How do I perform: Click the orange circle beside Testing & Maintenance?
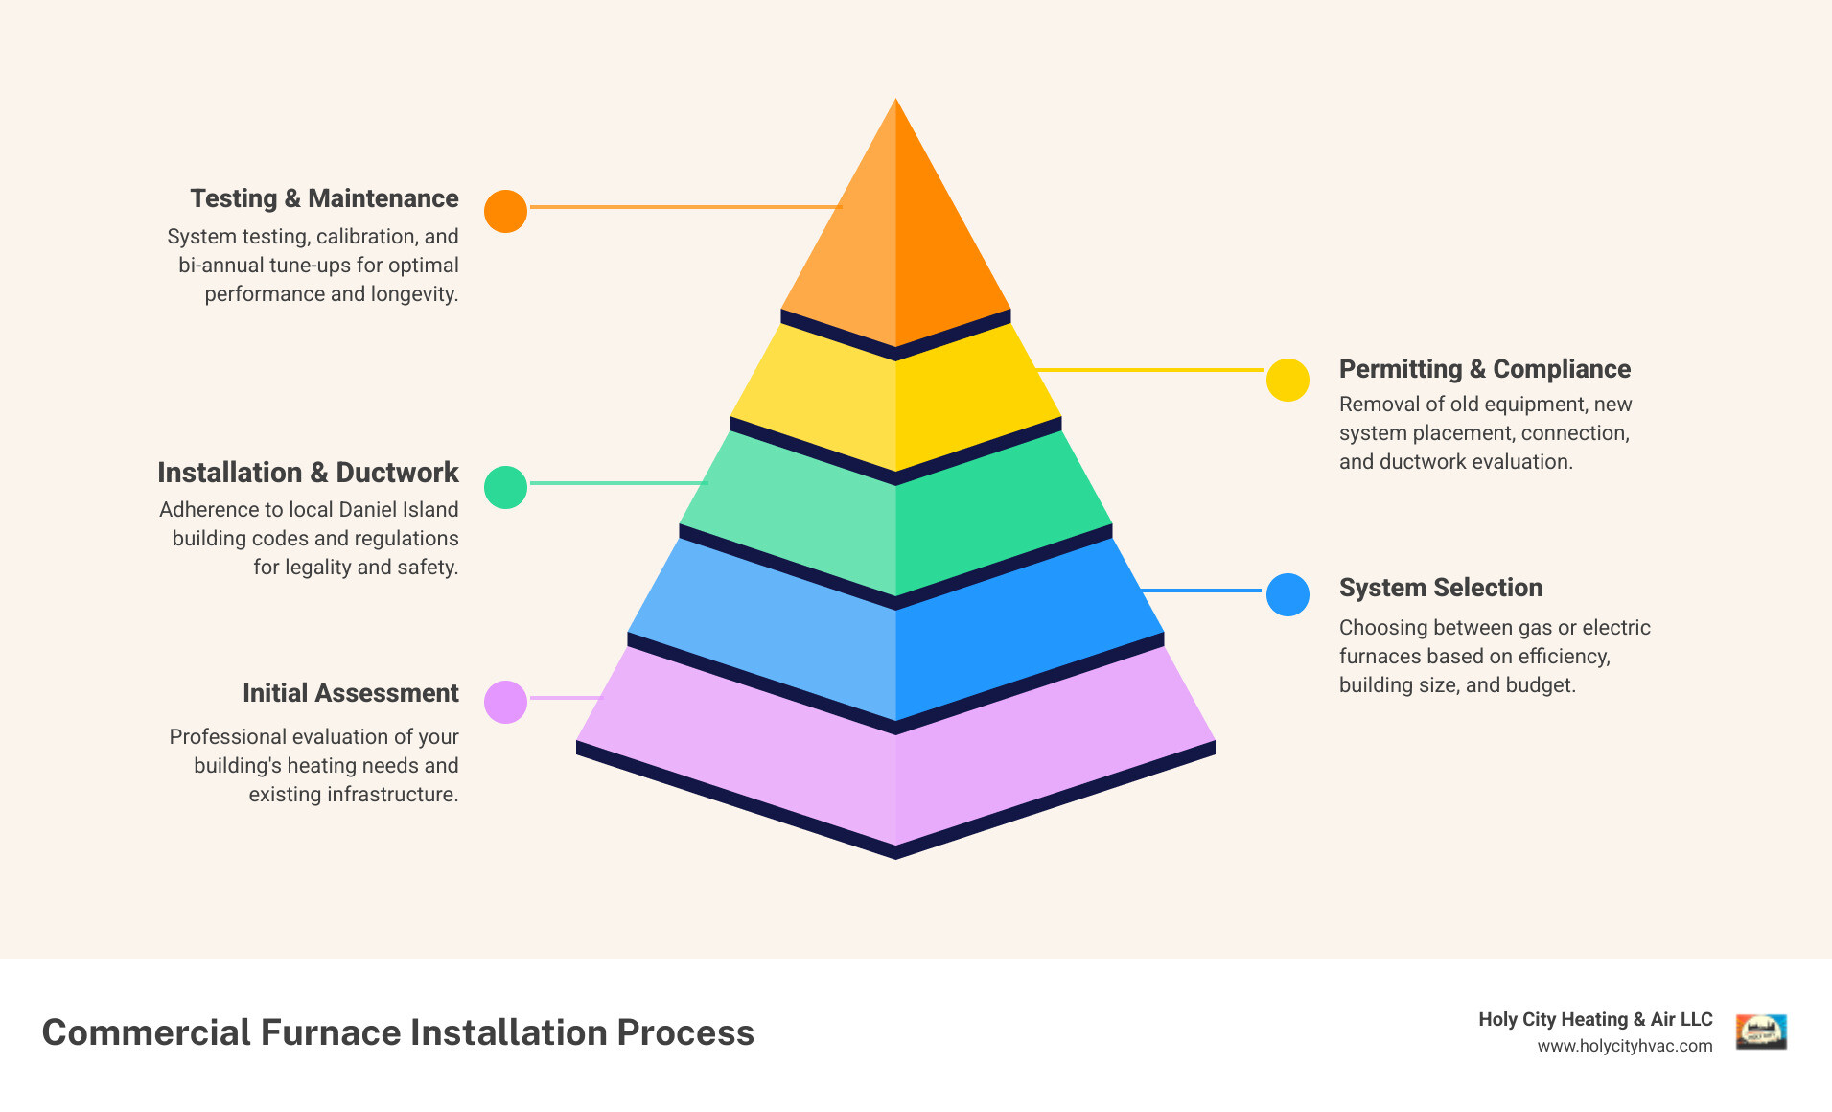tap(505, 211)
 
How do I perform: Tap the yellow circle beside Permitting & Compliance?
tap(1287, 381)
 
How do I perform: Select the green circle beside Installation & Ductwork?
tap(505, 487)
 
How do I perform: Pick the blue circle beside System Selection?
tap(1287, 594)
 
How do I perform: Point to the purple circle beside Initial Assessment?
tap(505, 702)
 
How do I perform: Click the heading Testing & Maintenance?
tap(324, 198)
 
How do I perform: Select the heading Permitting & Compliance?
tap(1484, 369)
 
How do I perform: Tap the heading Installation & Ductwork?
tap(308, 473)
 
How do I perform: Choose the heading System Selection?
tap(1440, 588)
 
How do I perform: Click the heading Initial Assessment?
tap(350, 693)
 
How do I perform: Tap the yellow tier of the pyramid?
tap(895, 403)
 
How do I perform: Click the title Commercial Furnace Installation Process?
tap(398, 1032)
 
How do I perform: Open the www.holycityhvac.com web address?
tap(1624, 1046)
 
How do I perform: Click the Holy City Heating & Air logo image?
tap(1761, 1032)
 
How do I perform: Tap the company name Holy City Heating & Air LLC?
tap(1594, 1019)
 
